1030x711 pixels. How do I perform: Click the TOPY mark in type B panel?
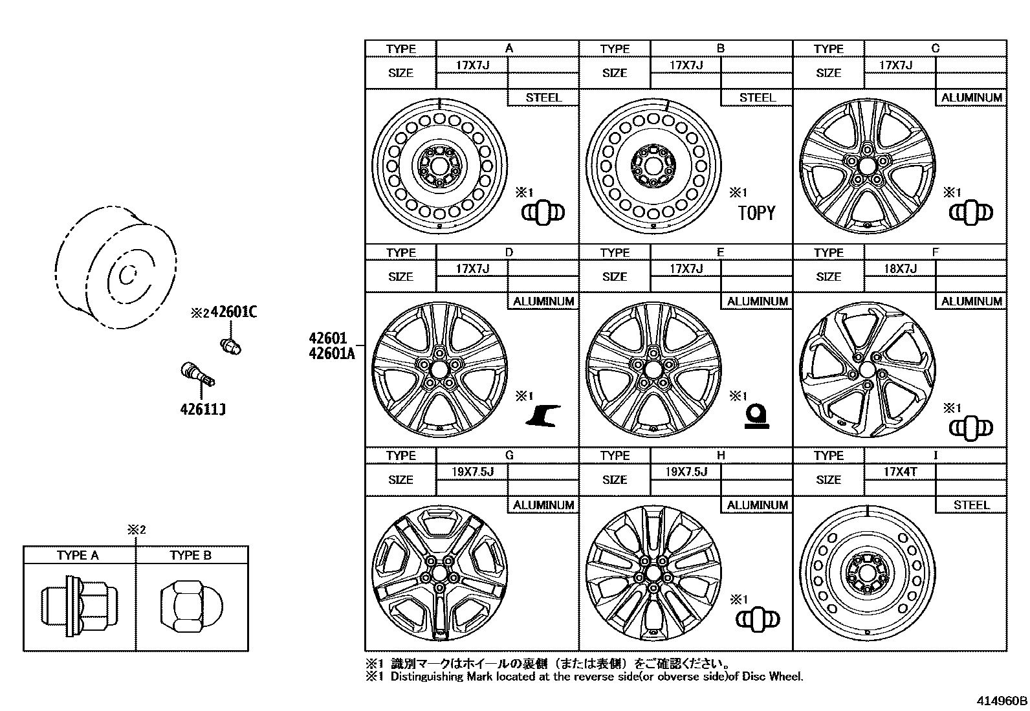[756, 213]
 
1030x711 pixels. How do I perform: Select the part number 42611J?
[203, 409]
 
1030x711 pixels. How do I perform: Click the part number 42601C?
[234, 312]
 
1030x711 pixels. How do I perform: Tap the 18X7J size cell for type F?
[899, 268]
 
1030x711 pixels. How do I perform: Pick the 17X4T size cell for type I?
[900, 472]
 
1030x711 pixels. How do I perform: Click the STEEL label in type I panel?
[971, 505]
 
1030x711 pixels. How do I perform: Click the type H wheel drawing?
[653, 573]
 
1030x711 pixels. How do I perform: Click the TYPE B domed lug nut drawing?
[192, 605]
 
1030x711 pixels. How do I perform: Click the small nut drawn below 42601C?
[231, 345]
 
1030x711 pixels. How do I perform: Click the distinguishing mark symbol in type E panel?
[756, 416]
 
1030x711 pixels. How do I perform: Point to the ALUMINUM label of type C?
[971, 98]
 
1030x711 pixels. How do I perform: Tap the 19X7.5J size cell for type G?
[472, 472]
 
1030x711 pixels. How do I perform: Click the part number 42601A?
[332, 353]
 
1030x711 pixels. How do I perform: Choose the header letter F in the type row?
[935, 252]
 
